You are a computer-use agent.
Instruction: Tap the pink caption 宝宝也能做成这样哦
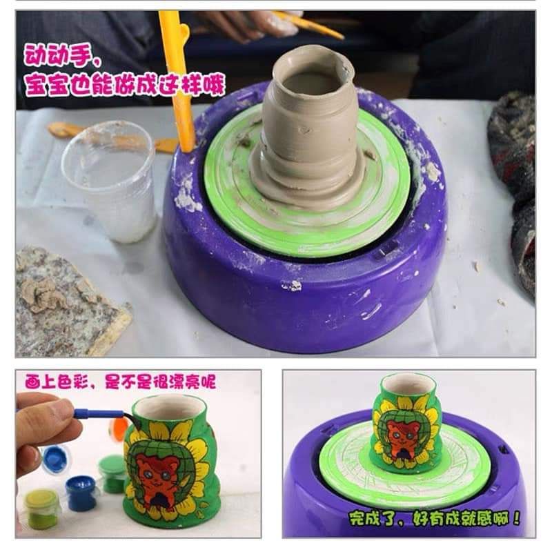click(x=125, y=84)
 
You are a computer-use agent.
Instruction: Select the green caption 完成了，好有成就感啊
click(x=434, y=518)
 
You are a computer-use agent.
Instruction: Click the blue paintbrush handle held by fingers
click(x=99, y=413)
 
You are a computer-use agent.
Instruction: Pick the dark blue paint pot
click(x=81, y=493)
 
